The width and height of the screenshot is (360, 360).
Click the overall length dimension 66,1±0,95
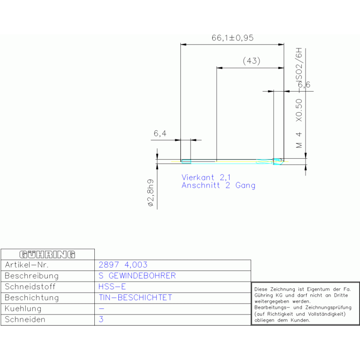[232, 38]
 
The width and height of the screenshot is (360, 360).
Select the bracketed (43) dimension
[252, 61]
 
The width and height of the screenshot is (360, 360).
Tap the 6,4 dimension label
[160, 133]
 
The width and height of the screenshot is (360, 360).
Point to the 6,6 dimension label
[304, 84]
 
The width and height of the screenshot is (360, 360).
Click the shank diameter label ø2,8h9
[151, 193]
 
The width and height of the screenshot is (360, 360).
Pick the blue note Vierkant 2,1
[206, 177]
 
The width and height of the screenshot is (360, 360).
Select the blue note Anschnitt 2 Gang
[218, 185]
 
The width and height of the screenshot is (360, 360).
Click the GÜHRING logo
[47, 254]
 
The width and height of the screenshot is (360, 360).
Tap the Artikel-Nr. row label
[27, 265]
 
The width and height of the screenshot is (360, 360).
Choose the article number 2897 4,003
[123, 265]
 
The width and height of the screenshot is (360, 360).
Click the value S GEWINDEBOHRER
[137, 276]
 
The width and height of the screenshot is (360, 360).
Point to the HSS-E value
[112, 287]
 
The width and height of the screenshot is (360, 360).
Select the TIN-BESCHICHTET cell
[135, 298]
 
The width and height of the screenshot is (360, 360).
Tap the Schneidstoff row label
[30, 287]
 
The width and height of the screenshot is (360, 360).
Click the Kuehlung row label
[23, 309]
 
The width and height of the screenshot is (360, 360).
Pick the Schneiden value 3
[101, 319]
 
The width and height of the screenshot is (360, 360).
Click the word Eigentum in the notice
[317, 289]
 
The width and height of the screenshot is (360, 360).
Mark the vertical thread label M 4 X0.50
[299, 123]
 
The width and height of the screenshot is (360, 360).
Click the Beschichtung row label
[32, 298]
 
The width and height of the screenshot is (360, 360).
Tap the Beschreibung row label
[32, 276]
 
